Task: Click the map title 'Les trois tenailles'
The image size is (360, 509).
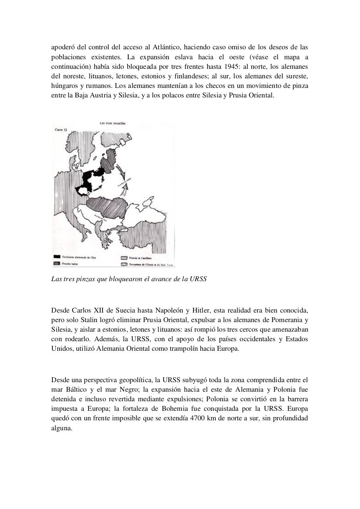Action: (112, 124)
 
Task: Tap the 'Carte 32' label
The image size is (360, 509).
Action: (61, 130)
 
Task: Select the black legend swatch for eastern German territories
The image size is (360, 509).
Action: (57, 257)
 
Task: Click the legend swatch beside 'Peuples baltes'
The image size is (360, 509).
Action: (57, 264)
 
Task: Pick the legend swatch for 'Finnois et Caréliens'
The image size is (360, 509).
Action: (124, 258)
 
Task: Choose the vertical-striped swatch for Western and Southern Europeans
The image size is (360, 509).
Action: (124, 264)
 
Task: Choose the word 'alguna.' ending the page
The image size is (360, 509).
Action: (62, 428)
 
